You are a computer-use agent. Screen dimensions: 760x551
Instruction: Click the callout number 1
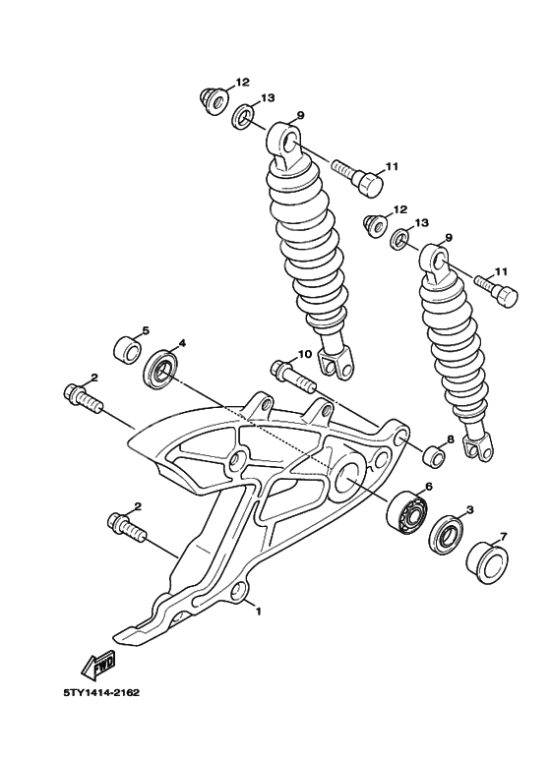pyautogui.click(x=258, y=611)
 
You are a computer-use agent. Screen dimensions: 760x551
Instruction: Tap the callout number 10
pyautogui.click(x=305, y=354)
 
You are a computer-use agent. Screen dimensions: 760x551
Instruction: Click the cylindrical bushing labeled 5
pyautogui.click(x=125, y=349)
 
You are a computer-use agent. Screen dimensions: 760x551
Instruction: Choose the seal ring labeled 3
pyautogui.click(x=448, y=533)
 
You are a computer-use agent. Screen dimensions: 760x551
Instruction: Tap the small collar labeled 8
pyautogui.click(x=432, y=456)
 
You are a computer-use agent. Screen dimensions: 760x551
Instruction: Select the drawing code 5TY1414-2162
pyautogui.click(x=101, y=692)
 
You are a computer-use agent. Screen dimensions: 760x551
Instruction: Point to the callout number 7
pyautogui.click(x=503, y=537)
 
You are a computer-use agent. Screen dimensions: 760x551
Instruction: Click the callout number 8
pyautogui.click(x=450, y=439)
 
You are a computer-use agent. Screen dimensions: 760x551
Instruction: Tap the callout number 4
pyautogui.click(x=181, y=345)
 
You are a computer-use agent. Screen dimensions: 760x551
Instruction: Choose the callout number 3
pyautogui.click(x=470, y=510)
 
